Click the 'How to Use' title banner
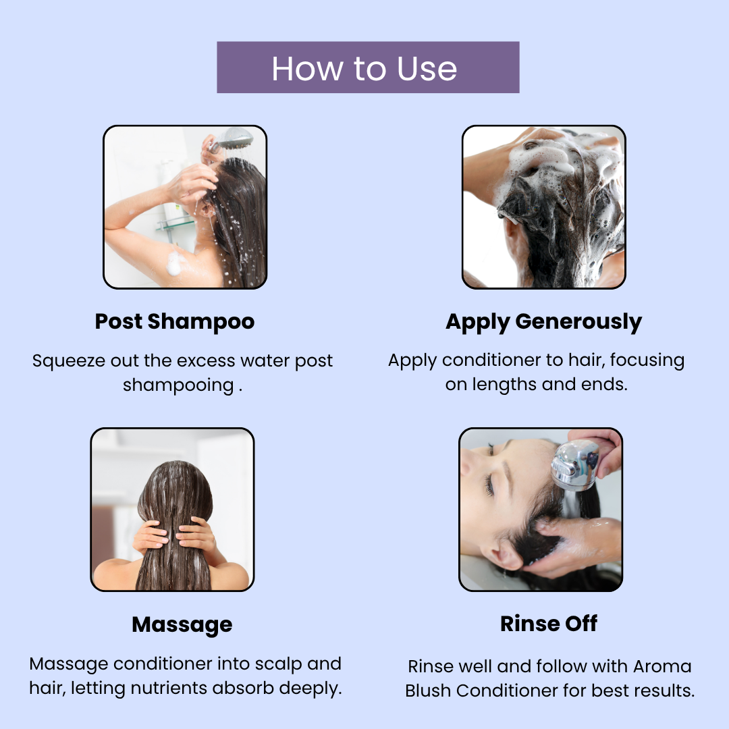368,67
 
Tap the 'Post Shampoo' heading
175,321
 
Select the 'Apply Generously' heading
543,322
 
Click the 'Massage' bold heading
182,624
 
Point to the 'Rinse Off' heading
549,624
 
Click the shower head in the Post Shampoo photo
235,138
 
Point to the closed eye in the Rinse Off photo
489,485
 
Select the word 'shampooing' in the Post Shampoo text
178,385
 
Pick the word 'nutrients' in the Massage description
169,688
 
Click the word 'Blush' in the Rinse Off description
428,691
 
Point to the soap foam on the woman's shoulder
174,264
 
